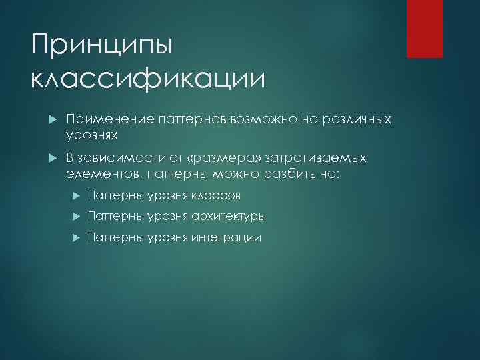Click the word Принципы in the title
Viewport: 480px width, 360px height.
coord(102,47)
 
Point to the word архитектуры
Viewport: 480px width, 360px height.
coord(229,217)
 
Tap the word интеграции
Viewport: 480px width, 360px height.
coord(227,237)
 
